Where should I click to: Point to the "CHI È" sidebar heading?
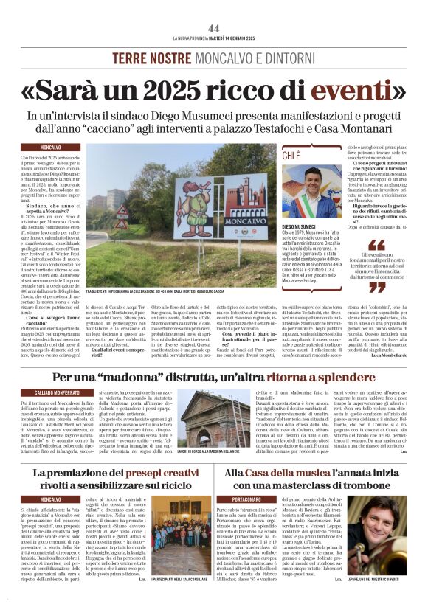[x=292, y=154]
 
